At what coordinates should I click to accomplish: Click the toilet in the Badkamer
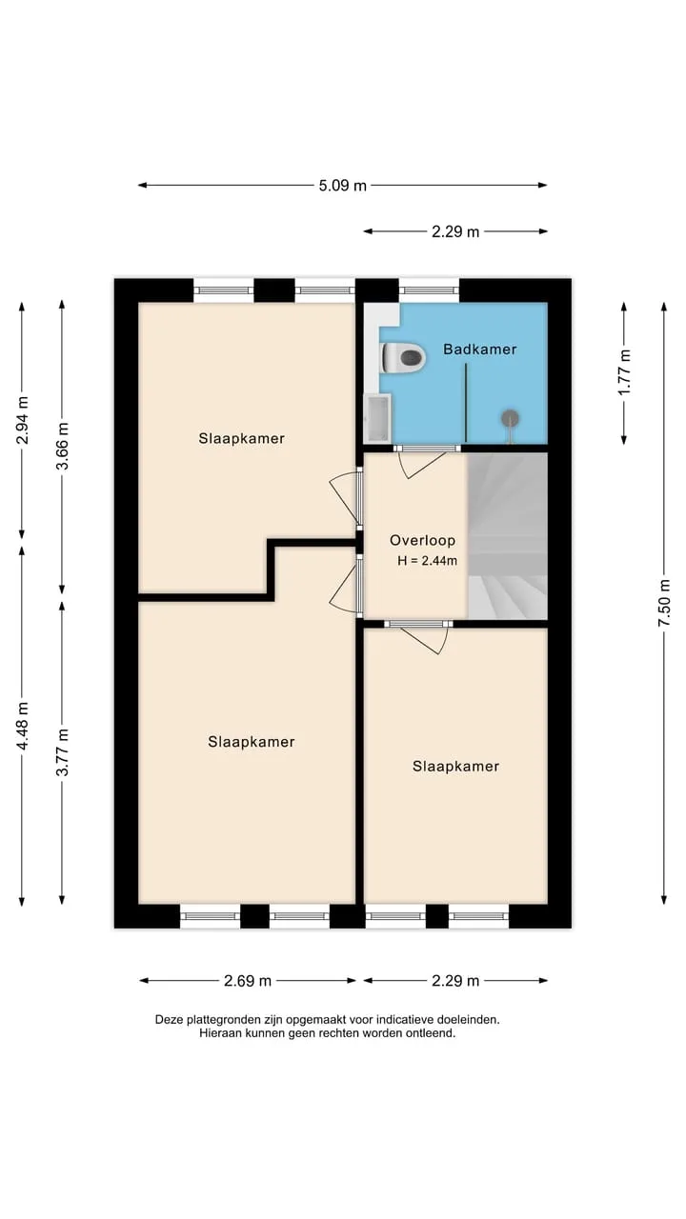pos(403,357)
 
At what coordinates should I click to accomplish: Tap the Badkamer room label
pos(479,350)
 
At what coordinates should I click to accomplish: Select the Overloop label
pos(422,540)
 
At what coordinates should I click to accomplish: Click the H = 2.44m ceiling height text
pos(427,561)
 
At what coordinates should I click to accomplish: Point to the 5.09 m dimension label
pos(342,186)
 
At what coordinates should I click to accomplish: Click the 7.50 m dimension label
pos(664,603)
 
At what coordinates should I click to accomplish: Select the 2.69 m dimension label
pos(247,981)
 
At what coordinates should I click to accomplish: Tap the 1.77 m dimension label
pos(624,372)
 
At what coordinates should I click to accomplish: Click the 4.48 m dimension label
pos(22,726)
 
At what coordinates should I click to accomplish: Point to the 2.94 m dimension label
pos(22,420)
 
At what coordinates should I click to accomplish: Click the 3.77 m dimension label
pos(62,752)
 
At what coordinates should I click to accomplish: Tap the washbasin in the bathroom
pos(377,418)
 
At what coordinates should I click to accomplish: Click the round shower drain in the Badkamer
pos(510,418)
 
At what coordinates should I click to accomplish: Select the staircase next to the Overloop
pos(508,536)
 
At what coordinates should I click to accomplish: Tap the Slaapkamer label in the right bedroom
pos(455,767)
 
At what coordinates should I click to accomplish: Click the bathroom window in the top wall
pos(429,290)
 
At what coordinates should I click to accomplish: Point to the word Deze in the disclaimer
pos(169,1020)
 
